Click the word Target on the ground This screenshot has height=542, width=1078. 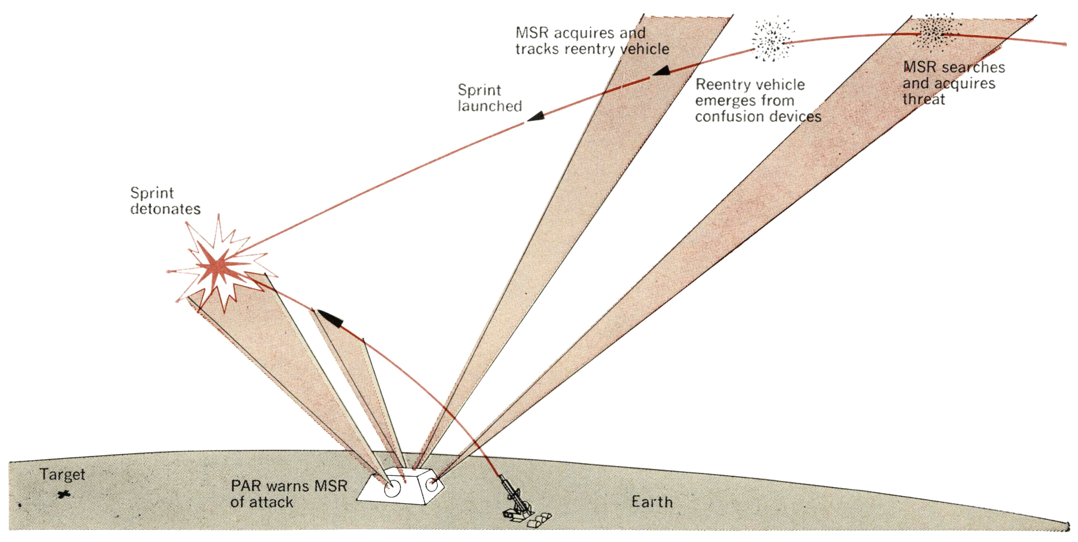[x=62, y=474]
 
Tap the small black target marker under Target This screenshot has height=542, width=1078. [x=64, y=495]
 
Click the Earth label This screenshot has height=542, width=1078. [x=652, y=502]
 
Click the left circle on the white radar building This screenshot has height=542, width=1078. [x=392, y=489]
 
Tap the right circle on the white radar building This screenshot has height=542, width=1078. [x=432, y=484]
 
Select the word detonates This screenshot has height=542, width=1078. [x=165, y=209]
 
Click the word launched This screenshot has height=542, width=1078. [x=490, y=106]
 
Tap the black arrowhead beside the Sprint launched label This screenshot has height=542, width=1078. [x=536, y=116]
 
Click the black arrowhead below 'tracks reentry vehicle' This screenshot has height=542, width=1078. [x=661, y=71]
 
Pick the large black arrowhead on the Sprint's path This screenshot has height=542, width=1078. [x=331, y=317]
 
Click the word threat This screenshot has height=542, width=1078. [x=924, y=99]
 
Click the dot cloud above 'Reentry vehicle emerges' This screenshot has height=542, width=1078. [x=772, y=38]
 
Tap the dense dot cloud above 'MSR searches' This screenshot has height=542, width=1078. [x=934, y=31]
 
